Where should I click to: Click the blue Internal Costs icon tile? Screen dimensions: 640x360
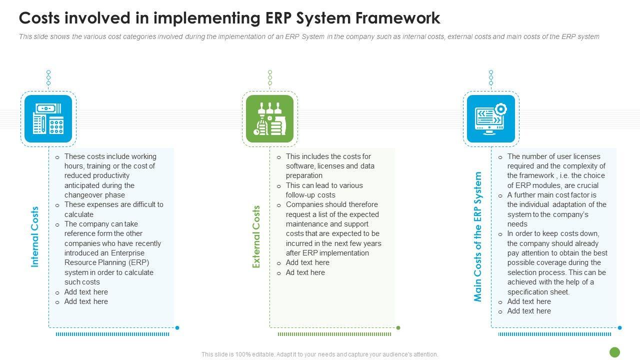tap(48, 118)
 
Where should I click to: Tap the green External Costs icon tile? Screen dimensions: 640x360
tap(269, 118)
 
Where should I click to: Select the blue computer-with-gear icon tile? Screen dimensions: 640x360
tap(490, 118)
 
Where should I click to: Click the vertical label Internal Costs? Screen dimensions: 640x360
tap(35, 237)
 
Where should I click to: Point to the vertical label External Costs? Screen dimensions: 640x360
tap(256, 237)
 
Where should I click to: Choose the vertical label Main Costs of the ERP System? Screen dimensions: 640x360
tap(478, 237)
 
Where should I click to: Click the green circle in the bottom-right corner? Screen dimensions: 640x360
tap(615, 352)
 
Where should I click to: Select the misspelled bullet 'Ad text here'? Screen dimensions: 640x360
tap(305, 272)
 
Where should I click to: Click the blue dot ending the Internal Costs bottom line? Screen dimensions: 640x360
tap(177, 328)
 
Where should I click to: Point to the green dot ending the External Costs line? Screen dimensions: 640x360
tap(398, 328)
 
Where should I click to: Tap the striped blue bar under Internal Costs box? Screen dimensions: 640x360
tap(112, 334)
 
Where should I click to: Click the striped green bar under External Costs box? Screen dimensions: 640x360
tap(334, 334)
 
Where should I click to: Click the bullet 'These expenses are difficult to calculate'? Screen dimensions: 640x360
tap(113, 209)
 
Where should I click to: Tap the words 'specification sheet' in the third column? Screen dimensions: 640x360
tap(538, 292)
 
